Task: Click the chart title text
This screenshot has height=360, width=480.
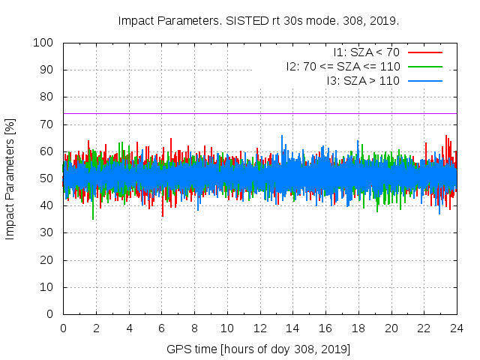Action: pyautogui.click(x=259, y=20)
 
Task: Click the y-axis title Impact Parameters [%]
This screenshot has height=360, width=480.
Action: pyautogui.click(x=10, y=178)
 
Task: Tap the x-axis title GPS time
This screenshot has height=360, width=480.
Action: pyautogui.click(x=259, y=349)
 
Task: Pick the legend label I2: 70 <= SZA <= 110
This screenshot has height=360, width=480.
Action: pyautogui.click(x=343, y=66)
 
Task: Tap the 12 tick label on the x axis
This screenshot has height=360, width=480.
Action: pyautogui.click(x=259, y=328)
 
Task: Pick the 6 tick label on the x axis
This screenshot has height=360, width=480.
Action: pyautogui.click(x=161, y=328)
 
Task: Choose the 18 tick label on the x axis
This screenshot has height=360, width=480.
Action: pyautogui.click(x=358, y=328)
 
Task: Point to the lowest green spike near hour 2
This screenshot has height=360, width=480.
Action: pyautogui.click(x=93, y=217)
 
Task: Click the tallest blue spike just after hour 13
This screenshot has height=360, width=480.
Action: pyautogui.click(x=282, y=136)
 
